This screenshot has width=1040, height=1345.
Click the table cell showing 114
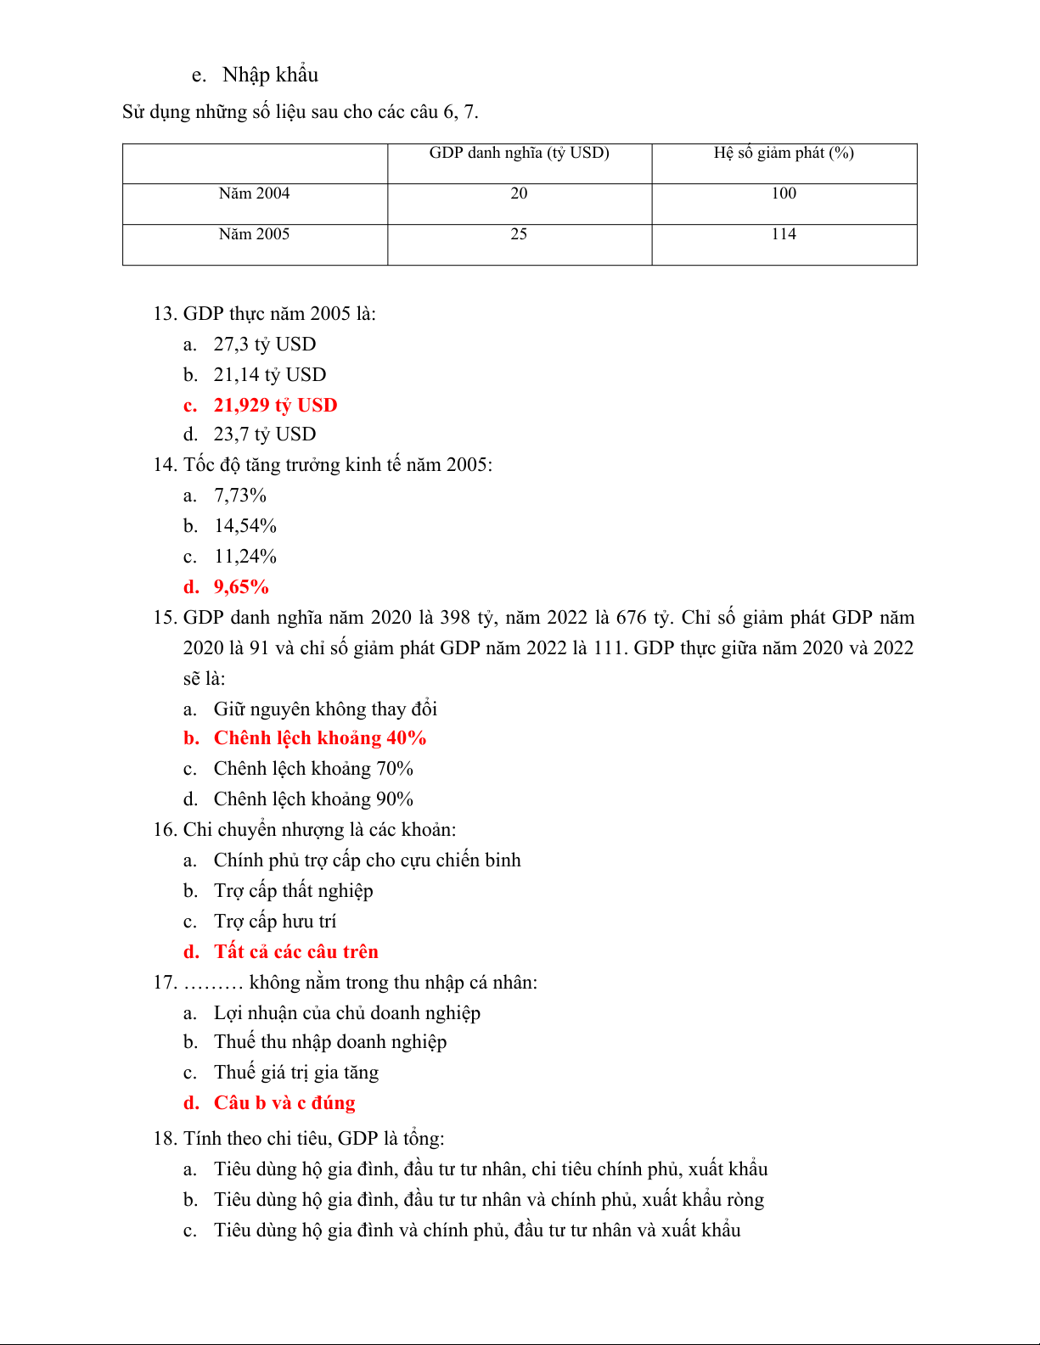point(784,234)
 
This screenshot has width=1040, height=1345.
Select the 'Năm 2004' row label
point(254,193)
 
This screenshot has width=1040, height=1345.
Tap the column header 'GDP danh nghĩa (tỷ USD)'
point(519,153)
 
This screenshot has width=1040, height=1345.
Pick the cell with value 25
point(519,234)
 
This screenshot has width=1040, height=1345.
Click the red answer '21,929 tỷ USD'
point(275,406)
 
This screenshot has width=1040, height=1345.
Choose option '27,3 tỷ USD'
point(264,345)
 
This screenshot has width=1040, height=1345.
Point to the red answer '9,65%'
point(241,587)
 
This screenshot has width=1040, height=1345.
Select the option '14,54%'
point(245,526)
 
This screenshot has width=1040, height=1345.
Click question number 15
point(165,618)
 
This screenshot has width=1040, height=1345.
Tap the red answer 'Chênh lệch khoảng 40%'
point(319,738)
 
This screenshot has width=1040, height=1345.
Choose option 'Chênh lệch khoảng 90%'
point(313,799)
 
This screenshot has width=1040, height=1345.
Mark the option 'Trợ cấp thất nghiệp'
point(293,891)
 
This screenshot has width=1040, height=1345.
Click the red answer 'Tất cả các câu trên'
point(295,952)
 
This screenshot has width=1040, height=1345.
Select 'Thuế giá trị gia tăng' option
point(295,1073)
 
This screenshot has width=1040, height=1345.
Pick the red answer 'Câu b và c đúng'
point(284,1103)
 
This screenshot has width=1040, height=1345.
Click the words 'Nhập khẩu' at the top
point(270,75)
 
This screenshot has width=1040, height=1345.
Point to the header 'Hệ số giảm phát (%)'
point(784,153)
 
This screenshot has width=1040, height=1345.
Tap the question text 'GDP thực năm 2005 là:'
point(279,314)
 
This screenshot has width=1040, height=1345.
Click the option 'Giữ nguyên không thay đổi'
point(325,709)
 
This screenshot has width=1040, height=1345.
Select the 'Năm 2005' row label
point(254,234)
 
